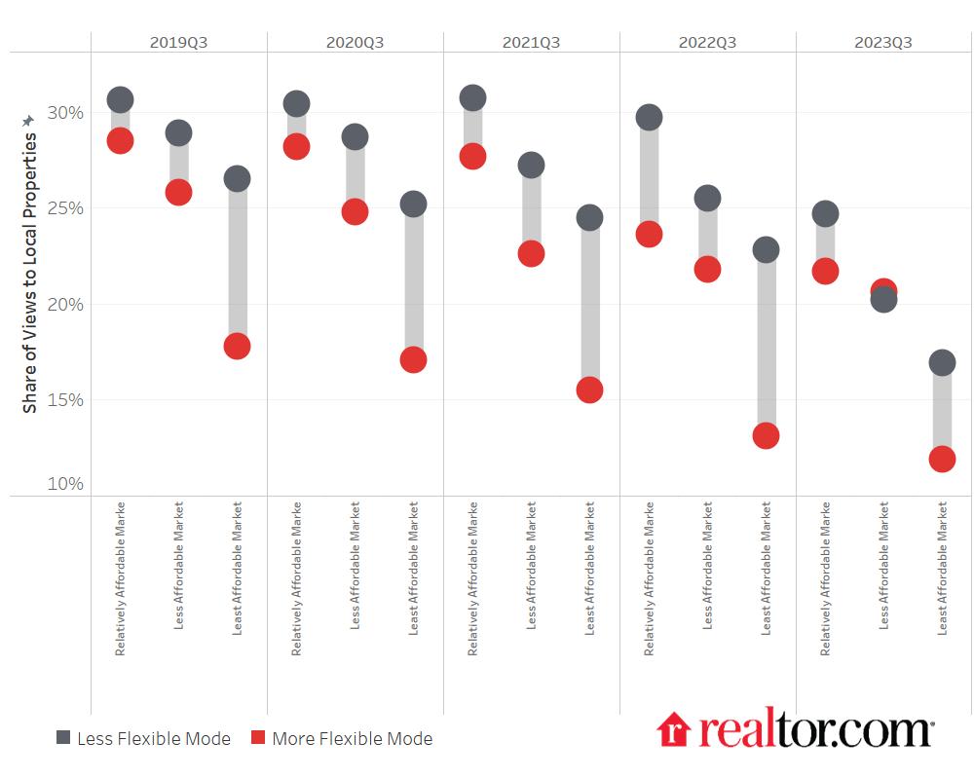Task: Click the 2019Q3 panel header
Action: click(178, 42)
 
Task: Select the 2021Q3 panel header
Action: click(531, 42)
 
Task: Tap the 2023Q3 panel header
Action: click(883, 42)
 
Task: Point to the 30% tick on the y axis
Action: click(66, 113)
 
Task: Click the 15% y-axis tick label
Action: click(66, 400)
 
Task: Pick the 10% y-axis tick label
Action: click(66, 484)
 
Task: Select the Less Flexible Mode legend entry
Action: click(143, 738)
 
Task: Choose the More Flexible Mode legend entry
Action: click(341, 738)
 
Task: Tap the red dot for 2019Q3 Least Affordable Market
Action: click(237, 346)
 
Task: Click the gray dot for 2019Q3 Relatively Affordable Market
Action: click(120, 99)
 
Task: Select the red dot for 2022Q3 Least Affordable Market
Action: click(766, 435)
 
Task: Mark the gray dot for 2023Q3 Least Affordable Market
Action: click(942, 362)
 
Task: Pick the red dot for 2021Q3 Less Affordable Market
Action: click(531, 253)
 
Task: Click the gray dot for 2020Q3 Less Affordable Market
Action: click(355, 136)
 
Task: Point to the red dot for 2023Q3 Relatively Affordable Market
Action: click(825, 271)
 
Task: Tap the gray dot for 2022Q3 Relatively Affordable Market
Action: click(649, 117)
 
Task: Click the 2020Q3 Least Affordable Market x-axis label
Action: click(413, 569)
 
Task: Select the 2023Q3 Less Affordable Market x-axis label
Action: click(883, 565)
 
